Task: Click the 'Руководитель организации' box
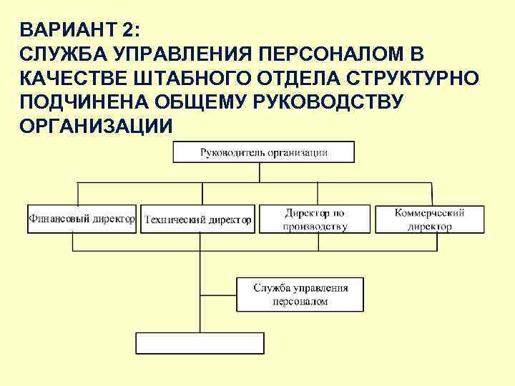click(x=263, y=152)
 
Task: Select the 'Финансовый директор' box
click(x=82, y=219)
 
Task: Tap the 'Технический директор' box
click(x=198, y=219)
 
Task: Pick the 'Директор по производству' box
click(x=315, y=219)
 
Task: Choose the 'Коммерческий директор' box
click(x=430, y=219)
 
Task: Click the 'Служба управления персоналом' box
click(x=300, y=295)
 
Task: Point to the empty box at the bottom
click(x=200, y=343)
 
